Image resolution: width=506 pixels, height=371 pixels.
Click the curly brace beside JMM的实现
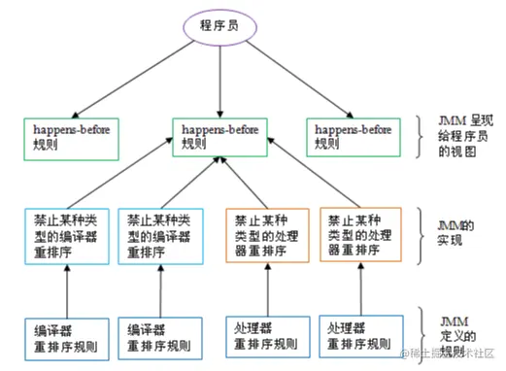(x=422, y=233)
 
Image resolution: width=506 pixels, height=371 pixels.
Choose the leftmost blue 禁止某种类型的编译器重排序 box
(x=67, y=232)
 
